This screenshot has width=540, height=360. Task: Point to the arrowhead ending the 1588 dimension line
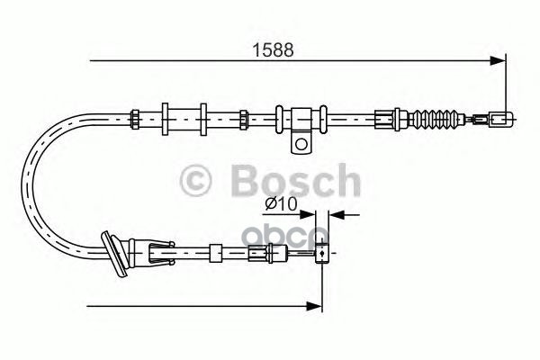point(498,61)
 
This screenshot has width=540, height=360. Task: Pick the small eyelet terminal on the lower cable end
point(319,256)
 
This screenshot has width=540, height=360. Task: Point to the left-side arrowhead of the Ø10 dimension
point(311,215)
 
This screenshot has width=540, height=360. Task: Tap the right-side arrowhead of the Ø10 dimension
point(335,215)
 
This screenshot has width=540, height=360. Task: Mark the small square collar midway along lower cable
point(215,253)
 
